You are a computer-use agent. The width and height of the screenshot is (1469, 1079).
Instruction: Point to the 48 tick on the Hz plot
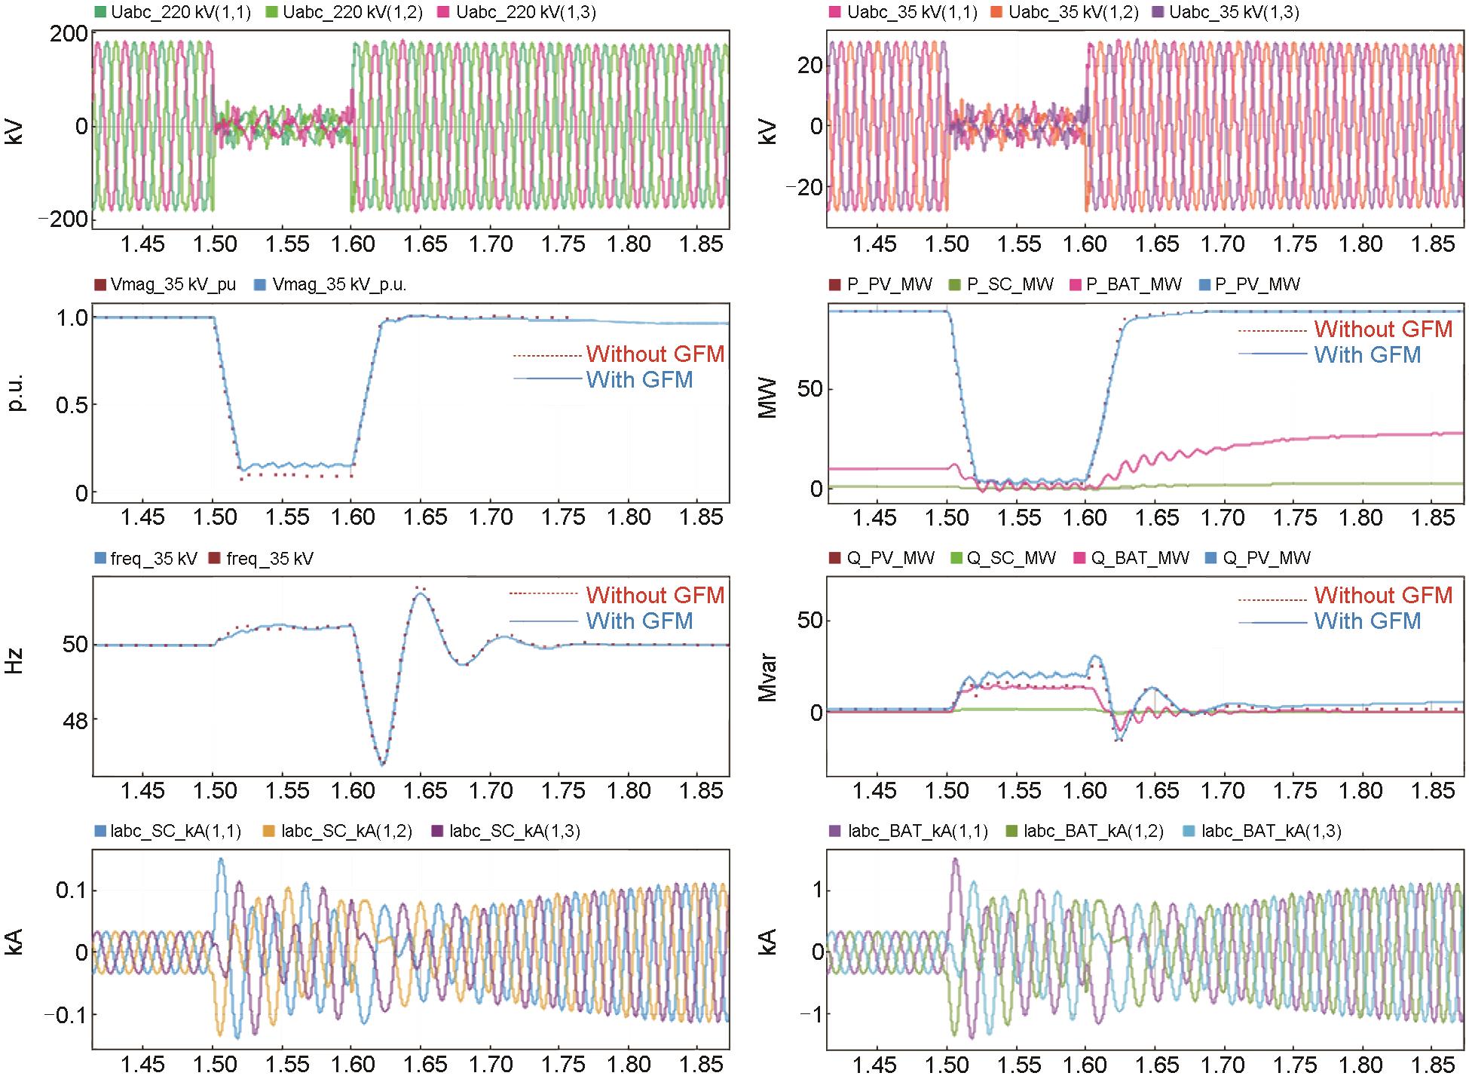tap(74, 720)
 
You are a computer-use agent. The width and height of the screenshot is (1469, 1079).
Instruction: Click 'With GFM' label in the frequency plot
tap(639, 621)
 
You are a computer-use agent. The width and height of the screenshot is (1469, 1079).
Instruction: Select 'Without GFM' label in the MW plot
tap(1383, 330)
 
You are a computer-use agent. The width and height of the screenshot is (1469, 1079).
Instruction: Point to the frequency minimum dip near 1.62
tap(382, 765)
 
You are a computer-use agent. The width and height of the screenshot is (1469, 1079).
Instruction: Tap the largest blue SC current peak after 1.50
tap(221, 859)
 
